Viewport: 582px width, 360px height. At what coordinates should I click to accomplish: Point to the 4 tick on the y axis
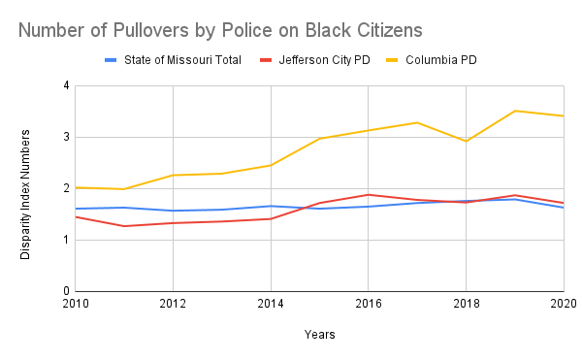point(65,85)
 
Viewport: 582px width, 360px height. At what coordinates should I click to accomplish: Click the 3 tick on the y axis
point(65,137)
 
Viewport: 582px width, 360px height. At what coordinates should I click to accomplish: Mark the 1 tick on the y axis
point(65,240)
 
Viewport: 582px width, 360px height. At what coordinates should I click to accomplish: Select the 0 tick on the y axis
point(65,291)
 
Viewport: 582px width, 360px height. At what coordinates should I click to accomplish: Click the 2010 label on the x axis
point(75,304)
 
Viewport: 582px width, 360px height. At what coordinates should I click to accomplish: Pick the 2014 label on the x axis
point(270,304)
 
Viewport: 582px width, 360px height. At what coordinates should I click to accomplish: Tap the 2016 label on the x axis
point(368,304)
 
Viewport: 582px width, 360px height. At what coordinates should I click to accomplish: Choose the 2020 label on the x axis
point(563,304)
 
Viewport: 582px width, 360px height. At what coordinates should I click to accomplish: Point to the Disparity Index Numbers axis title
point(26,188)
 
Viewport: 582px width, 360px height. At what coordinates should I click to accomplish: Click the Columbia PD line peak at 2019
point(514,111)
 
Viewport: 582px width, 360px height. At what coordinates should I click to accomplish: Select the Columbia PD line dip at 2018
point(466,141)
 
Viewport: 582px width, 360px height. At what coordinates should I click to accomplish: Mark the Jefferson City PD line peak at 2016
point(368,194)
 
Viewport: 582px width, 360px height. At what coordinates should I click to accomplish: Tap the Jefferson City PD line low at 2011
point(123,226)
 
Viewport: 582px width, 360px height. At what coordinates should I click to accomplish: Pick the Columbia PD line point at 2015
point(319,138)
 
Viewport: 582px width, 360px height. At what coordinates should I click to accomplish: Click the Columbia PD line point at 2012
point(173,175)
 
